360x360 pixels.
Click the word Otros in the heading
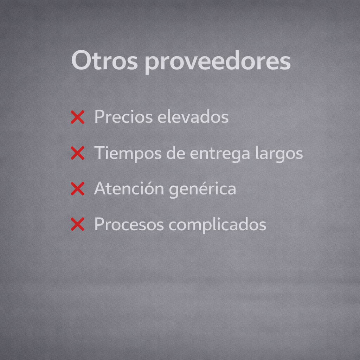(x=105, y=60)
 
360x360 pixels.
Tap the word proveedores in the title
(x=218, y=62)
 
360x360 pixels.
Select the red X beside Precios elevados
(x=78, y=117)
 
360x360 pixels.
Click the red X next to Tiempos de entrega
(x=78, y=153)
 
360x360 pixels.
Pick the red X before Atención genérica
(x=78, y=188)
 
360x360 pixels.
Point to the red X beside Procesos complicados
(x=78, y=224)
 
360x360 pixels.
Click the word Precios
(x=123, y=116)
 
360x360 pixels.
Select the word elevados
(x=193, y=116)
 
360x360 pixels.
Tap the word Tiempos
(x=128, y=153)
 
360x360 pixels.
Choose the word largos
(x=279, y=153)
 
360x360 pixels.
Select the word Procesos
(x=129, y=224)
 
